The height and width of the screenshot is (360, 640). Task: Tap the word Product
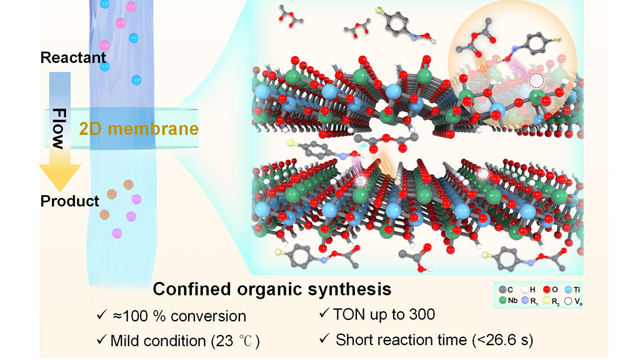pos(69,201)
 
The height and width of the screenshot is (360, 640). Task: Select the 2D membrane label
pos(139,129)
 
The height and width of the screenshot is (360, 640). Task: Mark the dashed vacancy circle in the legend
pos(569,301)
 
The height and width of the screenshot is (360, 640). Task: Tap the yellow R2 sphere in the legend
pos(547,301)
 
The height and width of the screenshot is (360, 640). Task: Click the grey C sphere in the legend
pos(504,289)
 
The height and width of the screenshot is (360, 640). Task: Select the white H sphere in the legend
pos(526,289)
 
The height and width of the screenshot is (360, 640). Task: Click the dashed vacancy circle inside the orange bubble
pos(535,81)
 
